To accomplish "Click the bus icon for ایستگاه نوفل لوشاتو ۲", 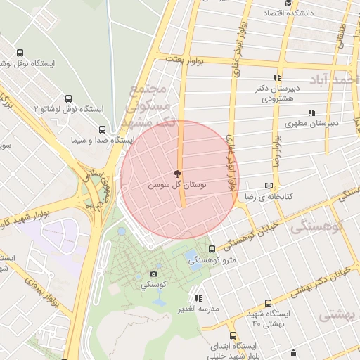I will click(68, 99).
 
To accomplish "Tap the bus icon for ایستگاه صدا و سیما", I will click(103, 129).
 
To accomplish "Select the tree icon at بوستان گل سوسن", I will click(177, 173).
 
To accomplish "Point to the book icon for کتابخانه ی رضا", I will click(267, 186).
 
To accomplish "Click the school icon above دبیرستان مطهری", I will click(311, 112).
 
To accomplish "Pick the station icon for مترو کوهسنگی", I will click(212, 250).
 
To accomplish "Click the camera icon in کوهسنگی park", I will click(153, 274).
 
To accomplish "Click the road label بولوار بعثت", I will click(184, 62).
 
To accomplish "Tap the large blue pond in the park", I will click(191, 257).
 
